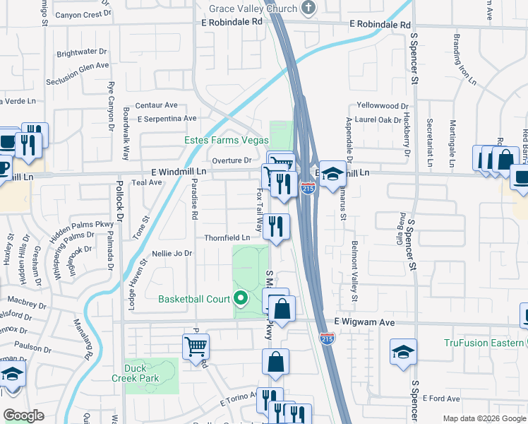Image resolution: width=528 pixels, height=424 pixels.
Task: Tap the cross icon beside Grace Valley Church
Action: pos(307,8)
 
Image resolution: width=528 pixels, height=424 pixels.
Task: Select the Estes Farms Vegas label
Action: pos(226,140)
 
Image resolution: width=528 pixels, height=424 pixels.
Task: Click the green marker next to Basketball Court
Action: pos(241,299)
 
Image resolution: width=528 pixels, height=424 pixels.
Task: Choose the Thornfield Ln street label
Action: pos(227,238)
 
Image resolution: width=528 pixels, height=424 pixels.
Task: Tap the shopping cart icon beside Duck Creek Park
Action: pos(196,346)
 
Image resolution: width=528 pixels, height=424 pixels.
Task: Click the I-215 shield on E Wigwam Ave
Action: pos(326,339)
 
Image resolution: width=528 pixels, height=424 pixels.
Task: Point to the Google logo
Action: pos(23,416)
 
